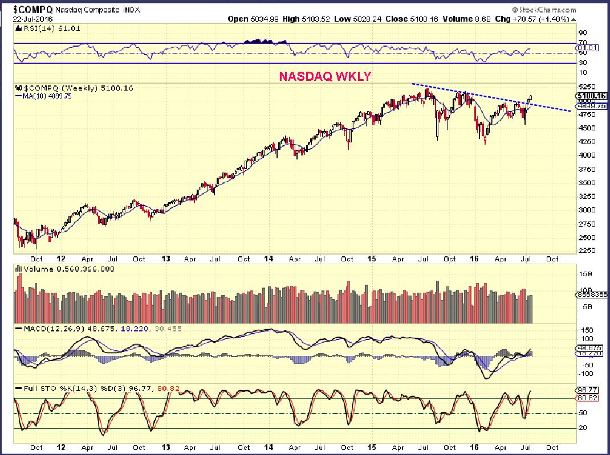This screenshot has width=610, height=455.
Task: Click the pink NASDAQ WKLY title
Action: pyautogui.click(x=324, y=76)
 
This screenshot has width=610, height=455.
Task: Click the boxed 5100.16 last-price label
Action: pyautogui.click(x=590, y=96)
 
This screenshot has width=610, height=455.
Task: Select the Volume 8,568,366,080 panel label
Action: pyautogui.click(x=60, y=268)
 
